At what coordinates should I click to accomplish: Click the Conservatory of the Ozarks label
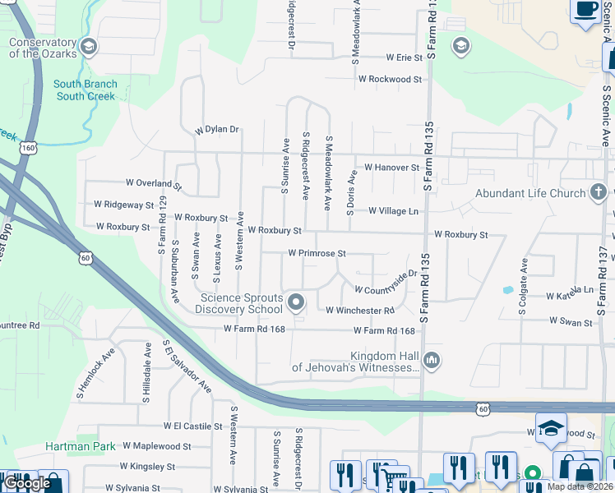click(43, 48)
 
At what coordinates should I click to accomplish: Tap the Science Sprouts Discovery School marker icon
click(296, 303)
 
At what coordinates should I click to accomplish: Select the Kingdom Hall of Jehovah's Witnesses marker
click(432, 360)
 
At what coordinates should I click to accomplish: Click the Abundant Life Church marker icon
click(599, 194)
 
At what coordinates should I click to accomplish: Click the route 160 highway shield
click(29, 148)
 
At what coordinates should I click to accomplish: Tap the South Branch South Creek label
click(86, 90)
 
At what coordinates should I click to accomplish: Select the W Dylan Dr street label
click(216, 130)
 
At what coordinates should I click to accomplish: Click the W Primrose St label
click(317, 254)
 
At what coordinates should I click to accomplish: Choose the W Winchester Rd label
click(360, 311)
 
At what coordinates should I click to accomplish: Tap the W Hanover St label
click(392, 167)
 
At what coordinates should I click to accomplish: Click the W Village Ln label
click(393, 211)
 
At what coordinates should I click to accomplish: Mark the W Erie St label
click(393, 58)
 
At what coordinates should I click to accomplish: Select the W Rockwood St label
click(389, 80)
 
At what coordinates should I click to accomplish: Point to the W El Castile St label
click(192, 426)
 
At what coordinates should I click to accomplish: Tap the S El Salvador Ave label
click(187, 367)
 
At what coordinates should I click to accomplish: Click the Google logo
click(27, 483)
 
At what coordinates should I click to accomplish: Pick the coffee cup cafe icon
click(585, 10)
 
